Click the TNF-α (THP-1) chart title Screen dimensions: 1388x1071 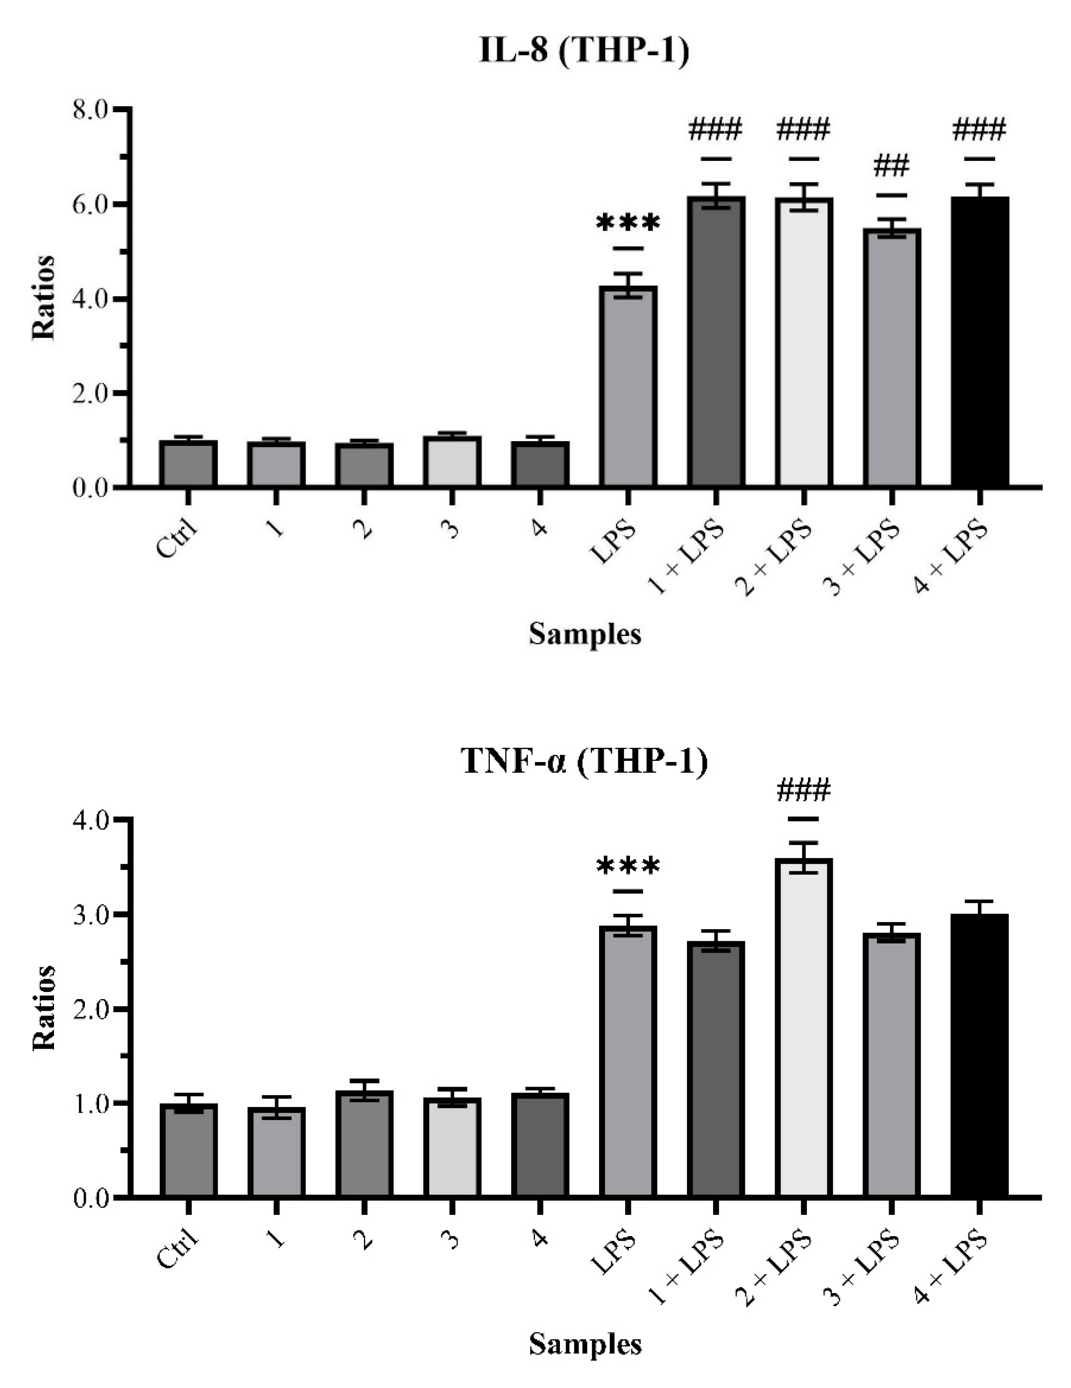tap(584, 761)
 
